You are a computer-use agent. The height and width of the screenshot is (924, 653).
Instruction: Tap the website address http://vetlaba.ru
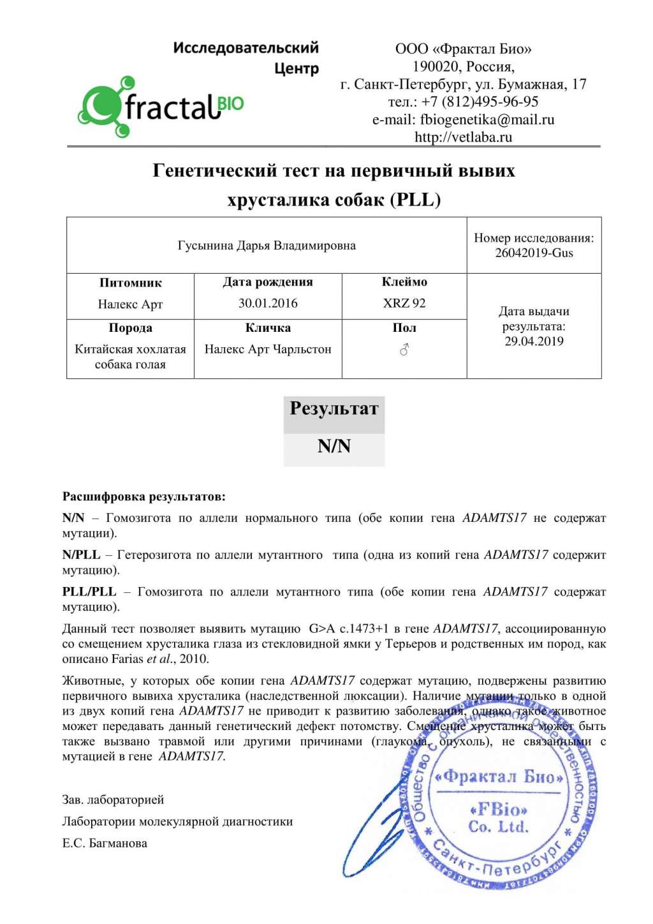click(x=463, y=137)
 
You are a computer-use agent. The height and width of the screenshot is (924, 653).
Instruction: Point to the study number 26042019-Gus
click(x=534, y=253)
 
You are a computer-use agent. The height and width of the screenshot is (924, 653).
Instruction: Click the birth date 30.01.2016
click(x=268, y=303)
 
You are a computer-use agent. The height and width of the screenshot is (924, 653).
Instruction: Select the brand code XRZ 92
click(x=404, y=303)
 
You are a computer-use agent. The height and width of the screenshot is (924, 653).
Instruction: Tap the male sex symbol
click(x=404, y=350)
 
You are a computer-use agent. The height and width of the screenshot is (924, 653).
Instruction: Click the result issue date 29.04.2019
click(x=534, y=341)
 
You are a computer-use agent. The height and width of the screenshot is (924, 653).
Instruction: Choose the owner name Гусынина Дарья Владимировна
click(x=267, y=246)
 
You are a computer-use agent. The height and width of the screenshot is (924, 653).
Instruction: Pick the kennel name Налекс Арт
click(x=130, y=304)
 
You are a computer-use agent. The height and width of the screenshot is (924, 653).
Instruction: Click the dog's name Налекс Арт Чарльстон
click(x=268, y=349)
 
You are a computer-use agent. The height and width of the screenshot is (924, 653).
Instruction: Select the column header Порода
click(x=130, y=328)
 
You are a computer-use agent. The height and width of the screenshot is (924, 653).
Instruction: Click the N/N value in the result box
click(x=334, y=446)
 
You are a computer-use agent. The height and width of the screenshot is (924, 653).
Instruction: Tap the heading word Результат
click(x=334, y=408)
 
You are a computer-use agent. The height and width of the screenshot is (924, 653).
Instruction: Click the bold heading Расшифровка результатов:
click(x=143, y=496)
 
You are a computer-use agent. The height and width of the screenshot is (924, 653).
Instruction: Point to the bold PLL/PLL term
click(x=89, y=592)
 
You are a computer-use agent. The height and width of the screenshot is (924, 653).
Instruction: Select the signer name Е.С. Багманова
click(x=105, y=843)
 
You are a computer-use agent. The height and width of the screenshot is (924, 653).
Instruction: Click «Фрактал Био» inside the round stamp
click(x=499, y=777)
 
